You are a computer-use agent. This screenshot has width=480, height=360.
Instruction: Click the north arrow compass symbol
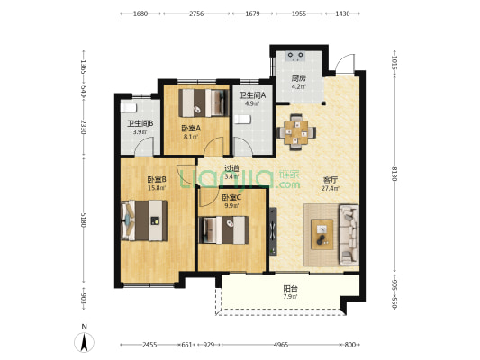click(x=84, y=342)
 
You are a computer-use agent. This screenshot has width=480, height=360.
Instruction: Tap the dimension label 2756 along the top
click(x=196, y=13)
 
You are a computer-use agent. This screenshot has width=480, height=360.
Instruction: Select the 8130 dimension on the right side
click(x=395, y=174)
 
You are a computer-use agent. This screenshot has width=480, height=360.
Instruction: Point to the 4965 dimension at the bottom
click(x=281, y=345)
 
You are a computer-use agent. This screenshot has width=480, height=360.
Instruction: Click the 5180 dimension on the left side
click(x=84, y=220)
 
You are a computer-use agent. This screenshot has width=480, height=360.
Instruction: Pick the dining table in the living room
click(x=296, y=132)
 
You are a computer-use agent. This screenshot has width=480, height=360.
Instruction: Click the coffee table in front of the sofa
click(x=322, y=235)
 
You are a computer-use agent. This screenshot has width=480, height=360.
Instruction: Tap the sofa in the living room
click(x=349, y=235)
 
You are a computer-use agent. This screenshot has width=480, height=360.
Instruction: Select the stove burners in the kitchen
click(x=295, y=56)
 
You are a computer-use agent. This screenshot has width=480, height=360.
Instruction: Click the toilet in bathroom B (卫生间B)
click(x=128, y=108)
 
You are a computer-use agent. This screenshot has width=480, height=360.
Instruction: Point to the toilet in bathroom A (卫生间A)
click(x=242, y=120)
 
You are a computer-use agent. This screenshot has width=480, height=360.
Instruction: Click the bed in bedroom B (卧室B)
click(x=144, y=220)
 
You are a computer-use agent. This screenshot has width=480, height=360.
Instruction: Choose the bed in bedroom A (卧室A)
click(x=204, y=103)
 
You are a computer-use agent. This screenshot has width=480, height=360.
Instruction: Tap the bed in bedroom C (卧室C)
click(x=223, y=230)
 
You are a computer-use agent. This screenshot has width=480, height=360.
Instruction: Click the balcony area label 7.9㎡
click(x=290, y=297)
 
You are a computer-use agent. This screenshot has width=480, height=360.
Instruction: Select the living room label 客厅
click(x=330, y=179)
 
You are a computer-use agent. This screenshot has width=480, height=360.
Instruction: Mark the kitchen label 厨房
click(x=298, y=78)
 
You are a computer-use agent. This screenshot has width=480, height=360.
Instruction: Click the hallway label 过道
click(x=231, y=168)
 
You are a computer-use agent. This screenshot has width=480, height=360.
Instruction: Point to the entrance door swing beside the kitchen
click(x=345, y=64)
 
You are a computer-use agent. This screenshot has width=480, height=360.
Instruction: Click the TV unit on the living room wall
click(x=273, y=231)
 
